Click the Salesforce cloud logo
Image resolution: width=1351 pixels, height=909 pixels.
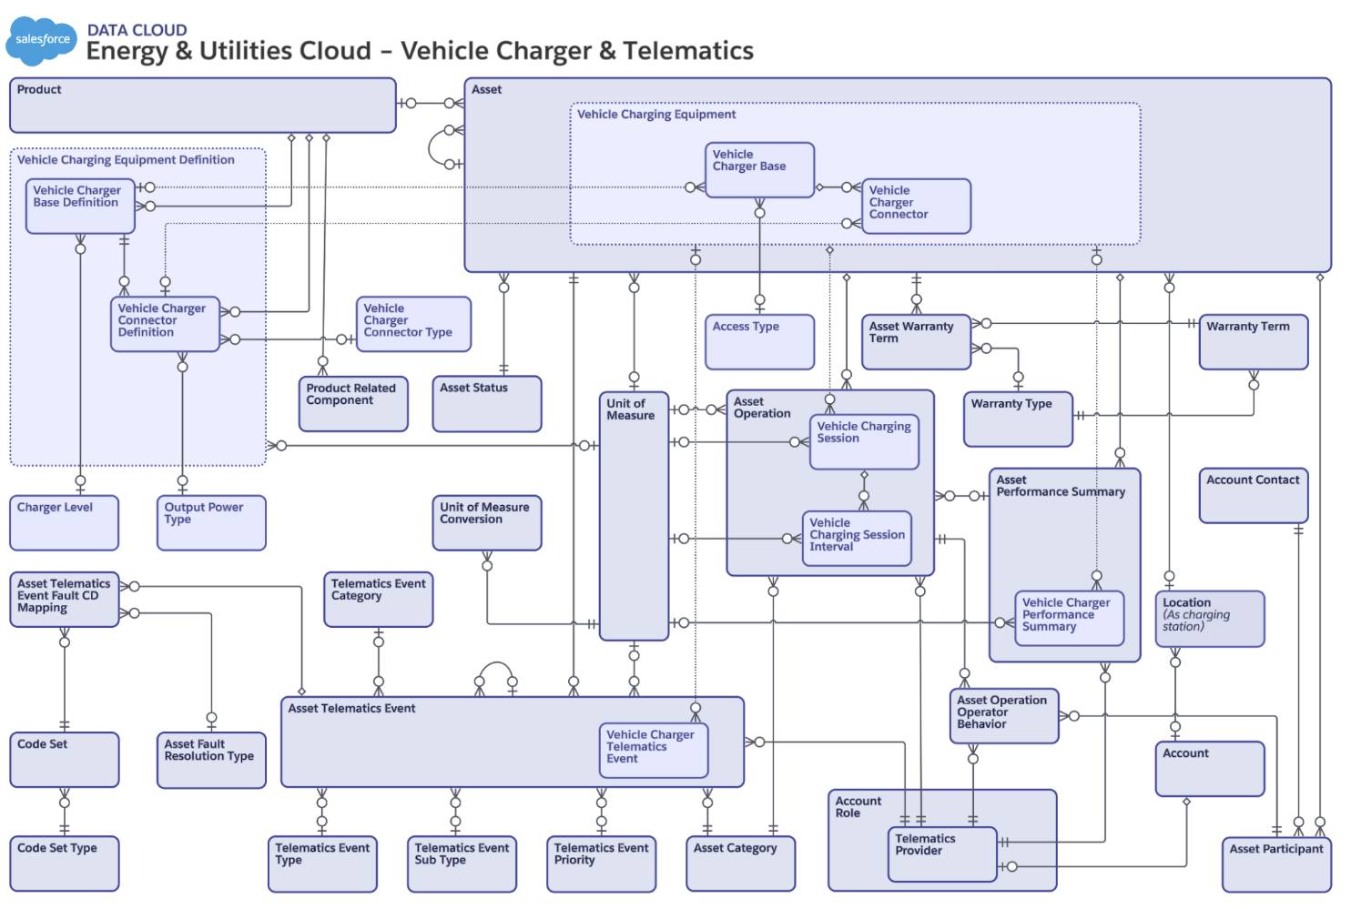42,41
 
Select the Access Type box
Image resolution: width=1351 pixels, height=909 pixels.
759,342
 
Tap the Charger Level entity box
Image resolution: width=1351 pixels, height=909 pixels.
64,523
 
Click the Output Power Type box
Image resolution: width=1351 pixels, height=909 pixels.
211,523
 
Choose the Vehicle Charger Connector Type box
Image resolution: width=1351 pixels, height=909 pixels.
413,324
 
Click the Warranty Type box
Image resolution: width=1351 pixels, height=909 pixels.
1018,419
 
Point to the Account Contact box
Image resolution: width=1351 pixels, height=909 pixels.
1253,496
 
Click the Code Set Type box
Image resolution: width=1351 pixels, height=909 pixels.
64,864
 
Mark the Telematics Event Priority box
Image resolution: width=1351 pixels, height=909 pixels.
601,864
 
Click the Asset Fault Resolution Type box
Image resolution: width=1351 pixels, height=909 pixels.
211,760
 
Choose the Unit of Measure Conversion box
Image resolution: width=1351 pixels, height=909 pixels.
486,523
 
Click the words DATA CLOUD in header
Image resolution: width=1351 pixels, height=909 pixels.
137,30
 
